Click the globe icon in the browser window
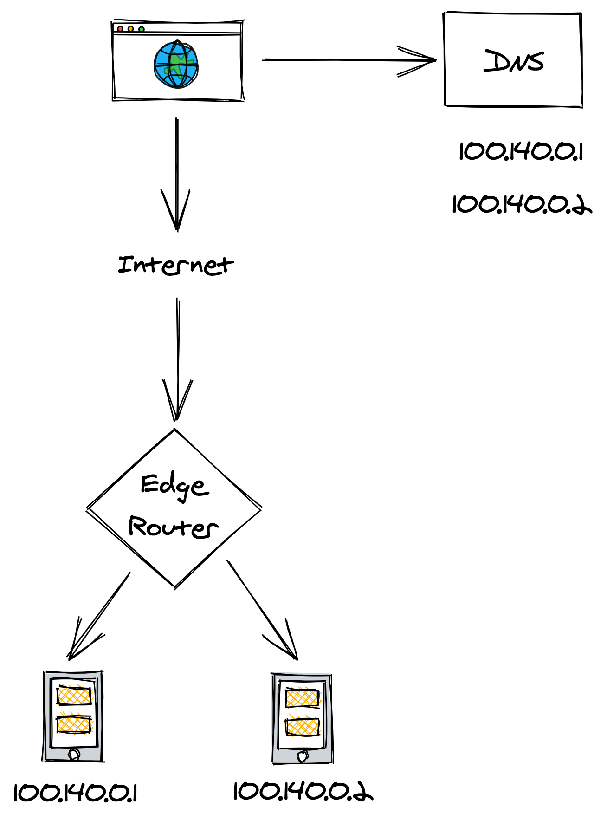click(176, 65)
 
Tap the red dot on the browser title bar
click(120, 29)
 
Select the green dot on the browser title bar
click(142, 29)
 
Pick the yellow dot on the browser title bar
click(131, 29)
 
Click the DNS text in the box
click(514, 61)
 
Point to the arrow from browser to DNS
click(348, 60)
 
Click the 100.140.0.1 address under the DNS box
click(521, 151)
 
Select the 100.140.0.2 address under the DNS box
click(522, 204)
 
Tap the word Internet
click(175, 265)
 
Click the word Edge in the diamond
click(174, 486)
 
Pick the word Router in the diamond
click(173, 527)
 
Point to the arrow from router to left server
click(97, 618)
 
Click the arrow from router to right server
click(262, 611)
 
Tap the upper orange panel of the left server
click(74, 696)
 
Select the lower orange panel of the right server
click(303, 727)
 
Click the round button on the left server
click(74, 754)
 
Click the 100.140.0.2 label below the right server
click(303, 792)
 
